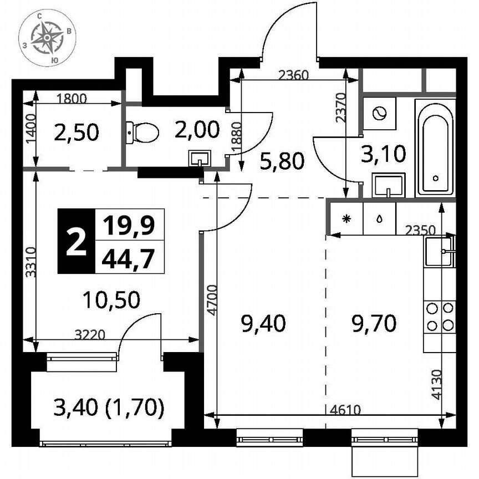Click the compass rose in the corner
[47, 37]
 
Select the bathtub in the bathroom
[436, 147]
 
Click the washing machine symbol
[380, 114]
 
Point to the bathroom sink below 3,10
[389, 185]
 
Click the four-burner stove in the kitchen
[440, 317]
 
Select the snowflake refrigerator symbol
[346, 218]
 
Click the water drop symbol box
[379, 218]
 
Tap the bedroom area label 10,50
[111, 300]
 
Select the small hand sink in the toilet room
[198, 159]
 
